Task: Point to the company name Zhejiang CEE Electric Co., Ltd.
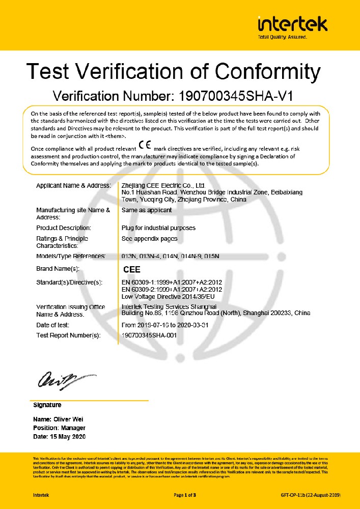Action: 163,186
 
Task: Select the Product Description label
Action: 64,228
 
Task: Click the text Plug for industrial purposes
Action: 158,228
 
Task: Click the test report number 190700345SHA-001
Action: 149,335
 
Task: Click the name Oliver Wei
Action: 67,419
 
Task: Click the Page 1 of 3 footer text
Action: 185,495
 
